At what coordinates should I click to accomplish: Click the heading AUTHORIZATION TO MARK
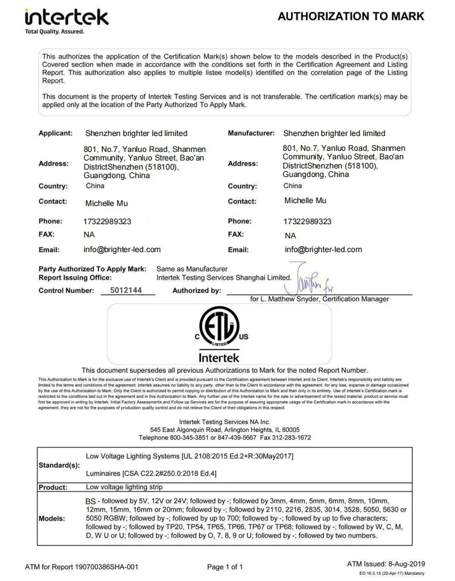(x=351, y=17)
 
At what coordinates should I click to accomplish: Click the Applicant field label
(x=55, y=133)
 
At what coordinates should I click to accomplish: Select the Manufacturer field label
(x=251, y=133)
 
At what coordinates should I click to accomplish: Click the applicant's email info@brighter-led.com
(x=122, y=249)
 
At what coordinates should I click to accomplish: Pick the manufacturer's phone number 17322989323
(x=307, y=221)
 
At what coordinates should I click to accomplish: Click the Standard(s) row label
(x=59, y=465)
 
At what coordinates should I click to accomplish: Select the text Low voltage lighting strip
(x=124, y=487)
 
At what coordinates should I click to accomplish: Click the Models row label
(x=52, y=519)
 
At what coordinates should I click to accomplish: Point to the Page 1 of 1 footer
(x=225, y=567)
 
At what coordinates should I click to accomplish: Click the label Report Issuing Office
(x=75, y=278)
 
